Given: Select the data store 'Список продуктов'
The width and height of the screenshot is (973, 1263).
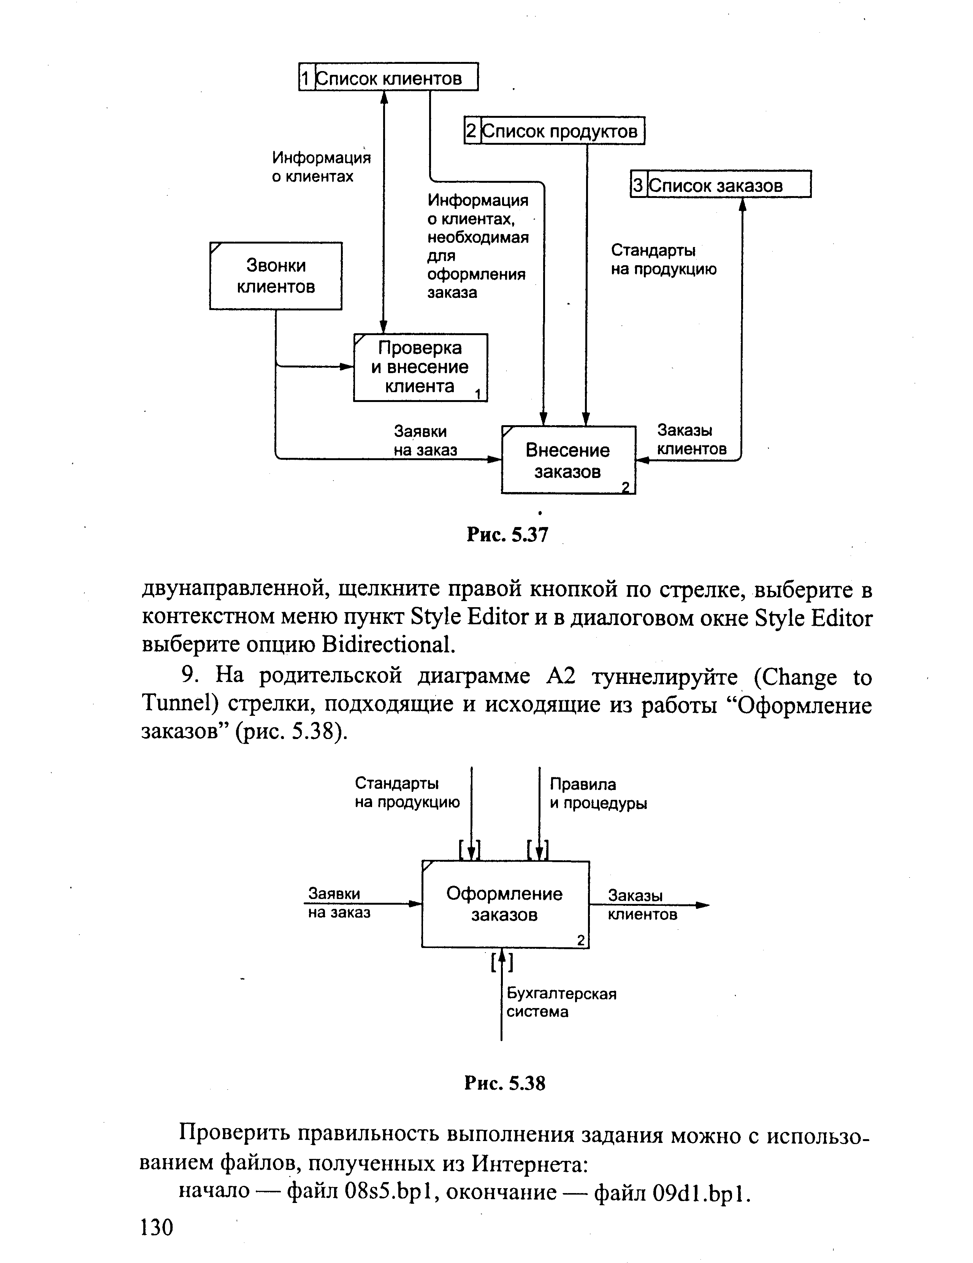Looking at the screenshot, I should pyautogui.click(x=554, y=131).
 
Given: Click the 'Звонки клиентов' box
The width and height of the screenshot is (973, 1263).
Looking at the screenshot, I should pyautogui.click(x=276, y=276).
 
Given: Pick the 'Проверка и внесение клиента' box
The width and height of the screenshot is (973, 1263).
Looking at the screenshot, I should pyautogui.click(x=420, y=367).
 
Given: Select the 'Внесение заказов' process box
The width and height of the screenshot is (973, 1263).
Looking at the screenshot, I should pyautogui.click(x=568, y=460).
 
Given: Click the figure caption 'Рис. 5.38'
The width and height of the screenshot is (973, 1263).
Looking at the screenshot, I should pyautogui.click(x=504, y=1083).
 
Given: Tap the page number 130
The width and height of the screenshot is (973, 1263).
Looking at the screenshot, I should pyautogui.click(x=156, y=1227).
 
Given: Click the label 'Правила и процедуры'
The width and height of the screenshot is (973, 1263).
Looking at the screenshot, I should pyautogui.click(x=597, y=793).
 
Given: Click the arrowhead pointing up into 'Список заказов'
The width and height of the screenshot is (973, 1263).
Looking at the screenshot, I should pyautogui.click(x=743, y=204).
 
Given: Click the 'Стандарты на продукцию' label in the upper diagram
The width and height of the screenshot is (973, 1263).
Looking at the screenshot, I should pyautogui.click(x=663, y=260).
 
